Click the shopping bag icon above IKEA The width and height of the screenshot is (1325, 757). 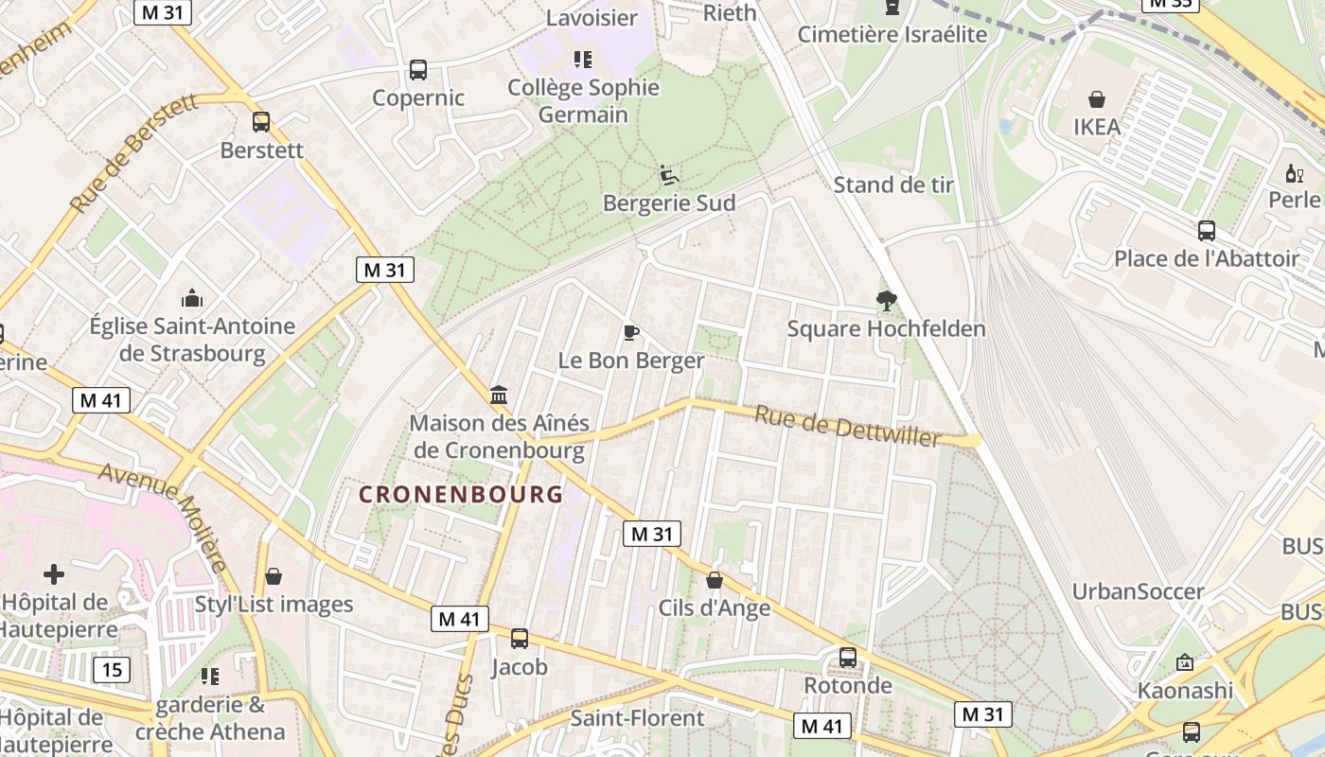pos(1097,99)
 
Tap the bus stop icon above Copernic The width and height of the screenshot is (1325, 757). pos(418,69)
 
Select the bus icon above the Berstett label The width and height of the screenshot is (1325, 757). pos(261,122)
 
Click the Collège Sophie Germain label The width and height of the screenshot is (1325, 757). pos(583,101)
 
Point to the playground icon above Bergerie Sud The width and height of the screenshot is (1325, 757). pos(668,175)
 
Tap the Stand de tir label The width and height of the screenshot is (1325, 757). pos(893,185)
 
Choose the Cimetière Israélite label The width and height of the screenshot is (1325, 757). pos(892,35)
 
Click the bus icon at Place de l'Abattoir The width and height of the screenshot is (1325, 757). pos(1206,230)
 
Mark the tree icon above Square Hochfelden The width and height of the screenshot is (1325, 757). pos(887,301)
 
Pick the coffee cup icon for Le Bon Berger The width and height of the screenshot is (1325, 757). pos(631,332)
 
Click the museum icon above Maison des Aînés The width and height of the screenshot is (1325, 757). pos(499,395)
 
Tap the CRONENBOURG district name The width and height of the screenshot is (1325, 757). pos(461,494)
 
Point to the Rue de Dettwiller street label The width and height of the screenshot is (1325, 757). pos(848,426)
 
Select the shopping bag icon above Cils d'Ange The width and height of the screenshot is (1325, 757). pos(715,580)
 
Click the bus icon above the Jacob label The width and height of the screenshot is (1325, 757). pos(519,639)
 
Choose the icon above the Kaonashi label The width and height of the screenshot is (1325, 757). pos(1184,662)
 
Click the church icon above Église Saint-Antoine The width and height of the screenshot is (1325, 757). pos(192,298)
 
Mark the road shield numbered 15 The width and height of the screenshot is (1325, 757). pos(112,670)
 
